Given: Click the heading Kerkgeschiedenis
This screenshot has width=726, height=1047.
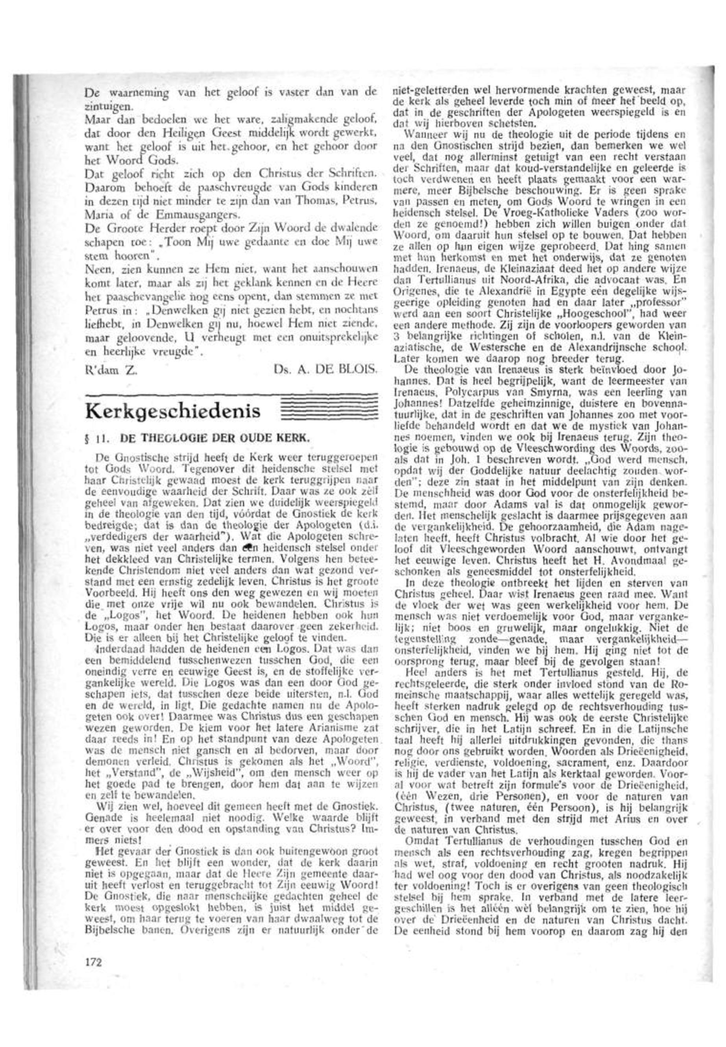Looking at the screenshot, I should coord(172,411).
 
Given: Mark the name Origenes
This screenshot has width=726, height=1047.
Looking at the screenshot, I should coord(412,301).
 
